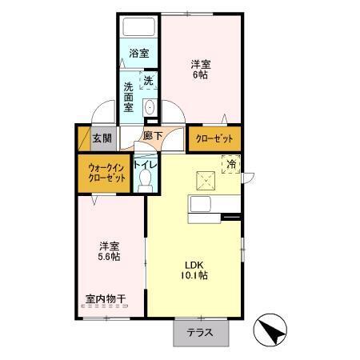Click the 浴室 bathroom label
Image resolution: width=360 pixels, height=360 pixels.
point(138,54)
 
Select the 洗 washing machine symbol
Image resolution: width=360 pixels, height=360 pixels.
point(148,80)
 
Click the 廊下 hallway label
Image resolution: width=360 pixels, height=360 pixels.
point(152,136)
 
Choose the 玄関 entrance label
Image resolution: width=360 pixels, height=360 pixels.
point(102,138)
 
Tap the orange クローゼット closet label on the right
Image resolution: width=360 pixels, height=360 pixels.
point(214,137)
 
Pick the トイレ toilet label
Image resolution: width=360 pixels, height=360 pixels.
point(145,166)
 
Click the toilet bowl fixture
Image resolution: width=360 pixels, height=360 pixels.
point(145,183)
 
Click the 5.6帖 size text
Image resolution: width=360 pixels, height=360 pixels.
point(110,258)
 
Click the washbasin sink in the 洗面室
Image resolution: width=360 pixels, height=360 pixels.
point(149,108)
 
